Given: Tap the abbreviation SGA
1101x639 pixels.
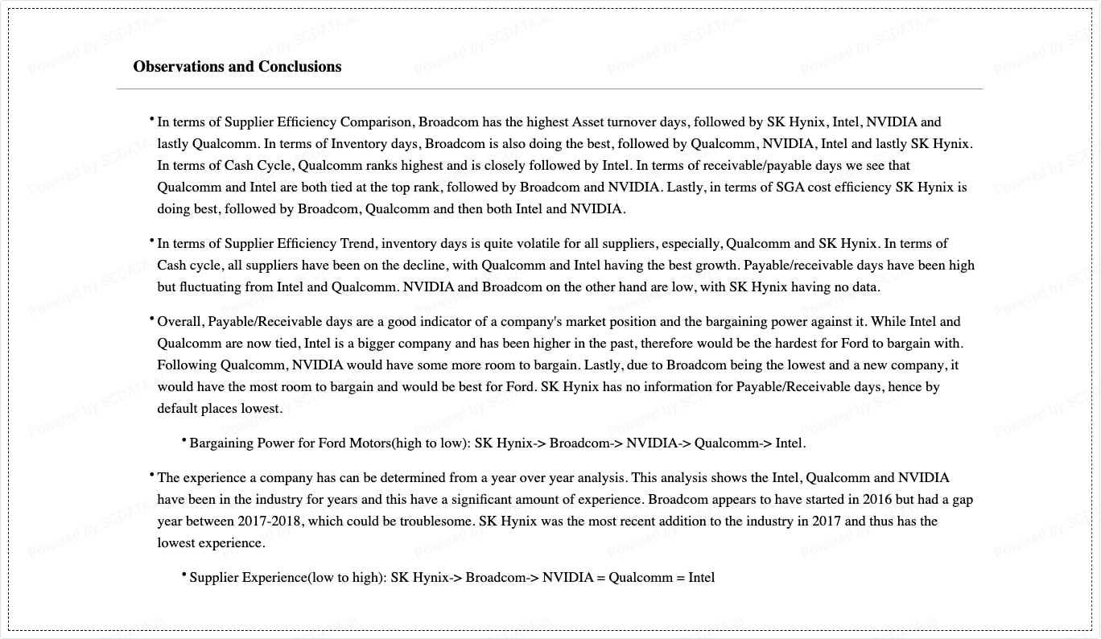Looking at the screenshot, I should pos(791,188).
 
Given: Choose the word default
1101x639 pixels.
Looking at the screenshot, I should pos(179,409).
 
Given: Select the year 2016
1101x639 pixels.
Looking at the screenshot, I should pos(810,500).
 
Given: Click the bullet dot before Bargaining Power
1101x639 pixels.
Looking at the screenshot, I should pos(184,440).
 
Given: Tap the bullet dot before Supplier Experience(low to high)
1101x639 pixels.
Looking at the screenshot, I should pos(184,575).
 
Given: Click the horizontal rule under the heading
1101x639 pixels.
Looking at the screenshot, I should pos(550,89).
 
